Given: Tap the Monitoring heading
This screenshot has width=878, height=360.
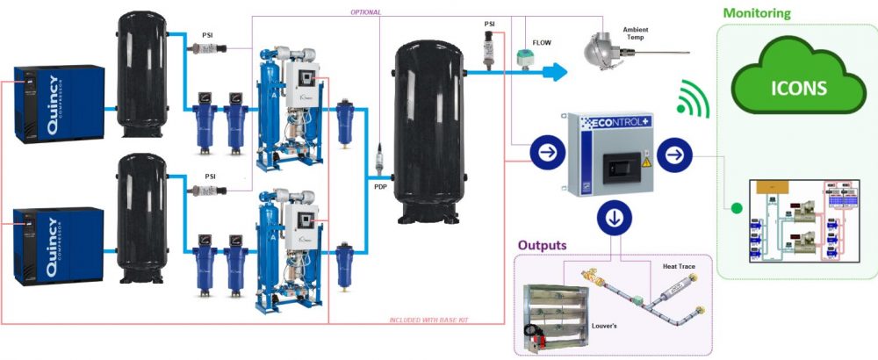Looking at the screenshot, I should [x=756, y=13].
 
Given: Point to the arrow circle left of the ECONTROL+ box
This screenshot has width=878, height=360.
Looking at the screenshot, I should [x=545, y=155].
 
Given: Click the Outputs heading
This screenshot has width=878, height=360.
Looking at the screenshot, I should [x=543, y=245].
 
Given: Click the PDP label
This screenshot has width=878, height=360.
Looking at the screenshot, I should [x=378, y=187].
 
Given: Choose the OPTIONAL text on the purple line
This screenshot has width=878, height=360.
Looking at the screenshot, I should [x=365, y=12].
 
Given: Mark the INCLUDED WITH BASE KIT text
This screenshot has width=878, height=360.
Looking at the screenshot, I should [x=429, y=320].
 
